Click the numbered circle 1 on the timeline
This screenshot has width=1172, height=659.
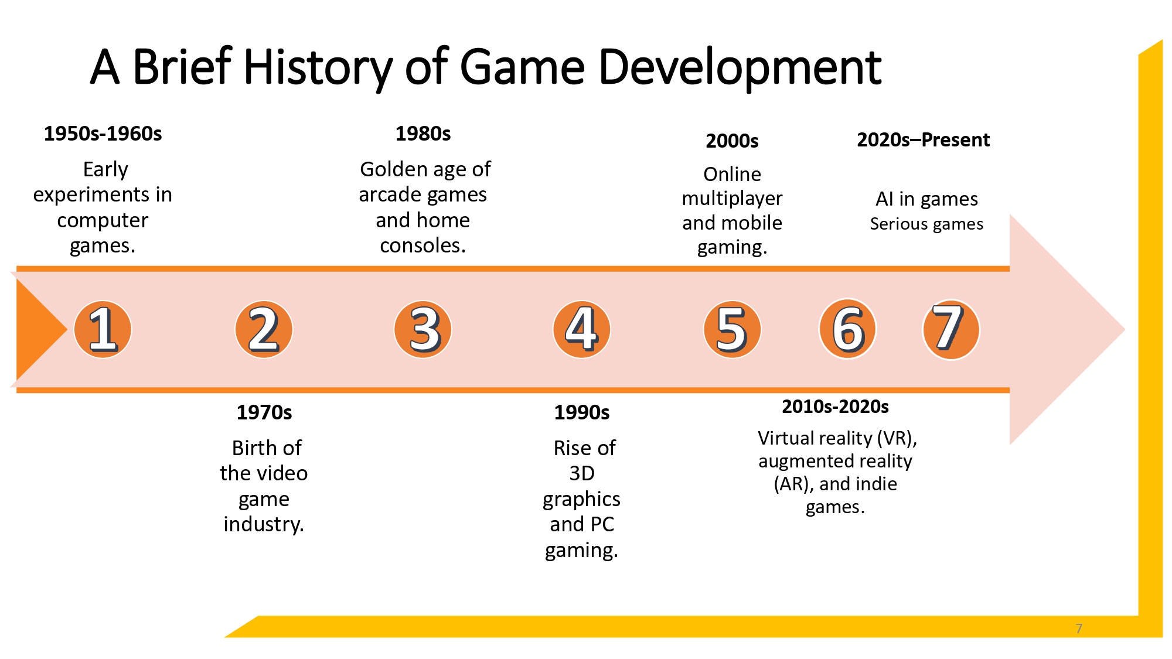click(x=103, y=330)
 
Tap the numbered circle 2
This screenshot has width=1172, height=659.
click(x=264, y=330)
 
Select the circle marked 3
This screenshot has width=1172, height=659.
click(x=423, y=330)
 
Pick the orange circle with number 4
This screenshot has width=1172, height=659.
click(x=582, y=330)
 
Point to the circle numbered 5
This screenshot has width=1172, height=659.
click(x=732, y=330)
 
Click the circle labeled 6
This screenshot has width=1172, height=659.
click(x=847, y=330)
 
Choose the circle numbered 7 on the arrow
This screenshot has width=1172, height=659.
click(x=950, y=330)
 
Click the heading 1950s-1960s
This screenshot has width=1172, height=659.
click(x=103, y=134)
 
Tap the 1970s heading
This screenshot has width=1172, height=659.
click(x=264, y=413)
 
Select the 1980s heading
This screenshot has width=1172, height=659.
click(x=423, y=134)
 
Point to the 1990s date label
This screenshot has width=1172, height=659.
click(x=582, y=413)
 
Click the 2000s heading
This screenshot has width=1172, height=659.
click(x=732, y=141)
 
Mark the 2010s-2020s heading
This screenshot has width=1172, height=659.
click(x=835, y=407)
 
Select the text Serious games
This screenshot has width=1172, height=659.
click(x=926, y=224)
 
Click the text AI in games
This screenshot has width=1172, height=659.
click(x=926, y=199)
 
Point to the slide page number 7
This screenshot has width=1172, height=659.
click(x=1079, y=629)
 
